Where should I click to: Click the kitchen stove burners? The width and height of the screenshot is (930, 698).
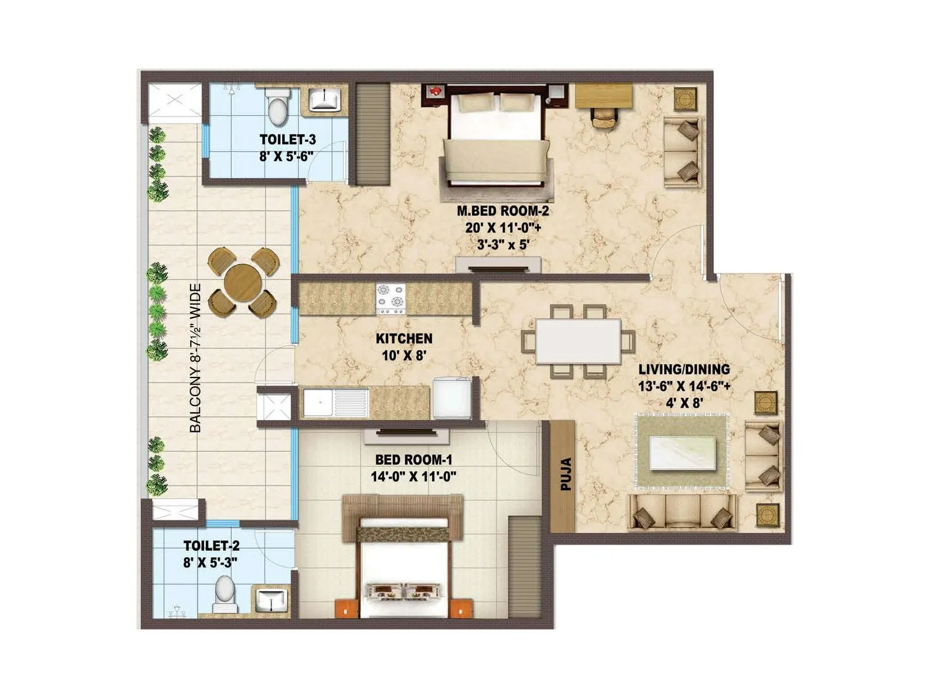click(391, 298)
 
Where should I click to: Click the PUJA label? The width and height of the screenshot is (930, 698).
click(566, 474)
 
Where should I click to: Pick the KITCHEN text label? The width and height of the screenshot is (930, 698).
click(404, 339)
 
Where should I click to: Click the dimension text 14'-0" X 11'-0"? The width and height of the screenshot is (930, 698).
click(413, 476)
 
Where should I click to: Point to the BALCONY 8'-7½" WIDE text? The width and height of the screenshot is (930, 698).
click(196, 358)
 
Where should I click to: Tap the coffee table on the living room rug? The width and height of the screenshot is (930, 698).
click(682, 451)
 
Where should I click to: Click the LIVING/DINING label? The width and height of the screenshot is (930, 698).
click(684, 369)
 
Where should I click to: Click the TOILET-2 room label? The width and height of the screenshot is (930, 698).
click(211, 546)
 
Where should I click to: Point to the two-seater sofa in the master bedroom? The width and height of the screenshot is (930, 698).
click(682, 152)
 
